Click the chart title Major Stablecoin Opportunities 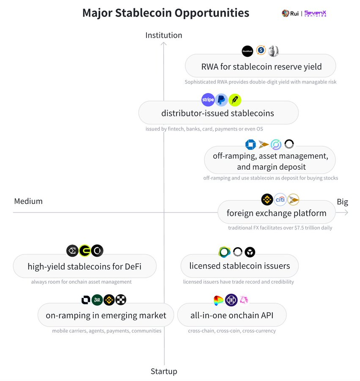[x=165, y=13]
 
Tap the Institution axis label [x=164, y=35]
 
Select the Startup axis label [x=164, y=371]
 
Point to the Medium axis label [x=28, y=201]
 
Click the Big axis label [x=342, y=202]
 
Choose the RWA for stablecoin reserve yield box [x=261, y=66]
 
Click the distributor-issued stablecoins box [x=218, y=113]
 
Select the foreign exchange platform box [x=276, y=213]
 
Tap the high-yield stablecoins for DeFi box [x=85, y=266]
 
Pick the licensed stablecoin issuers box [x=239, y=266]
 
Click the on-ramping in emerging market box [x=106, y=315]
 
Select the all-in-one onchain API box [x=232, y=315]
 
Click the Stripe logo [x=208, y=100]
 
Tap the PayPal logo [x=221, y=100]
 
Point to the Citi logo [x=280, y=199]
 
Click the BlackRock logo [x=247, y=51]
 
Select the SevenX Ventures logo [x=315, y=14]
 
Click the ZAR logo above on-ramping [x=97, y=300]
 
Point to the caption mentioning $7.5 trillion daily [x=280, y=228]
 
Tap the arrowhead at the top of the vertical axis [x=164, y=43]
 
